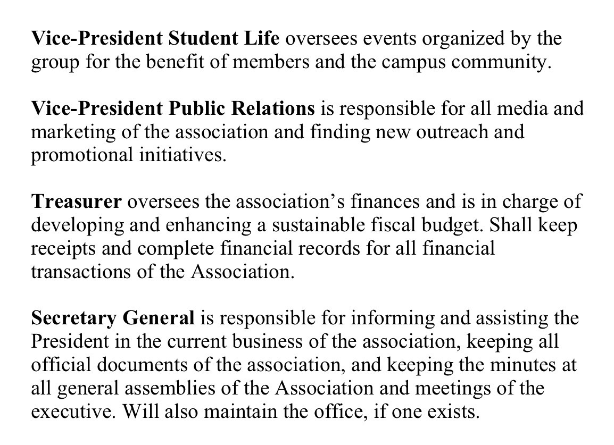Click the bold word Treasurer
coord(77,202)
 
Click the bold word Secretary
coord(73,318)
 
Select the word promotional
coord(82,155)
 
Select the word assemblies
coord(144,388)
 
